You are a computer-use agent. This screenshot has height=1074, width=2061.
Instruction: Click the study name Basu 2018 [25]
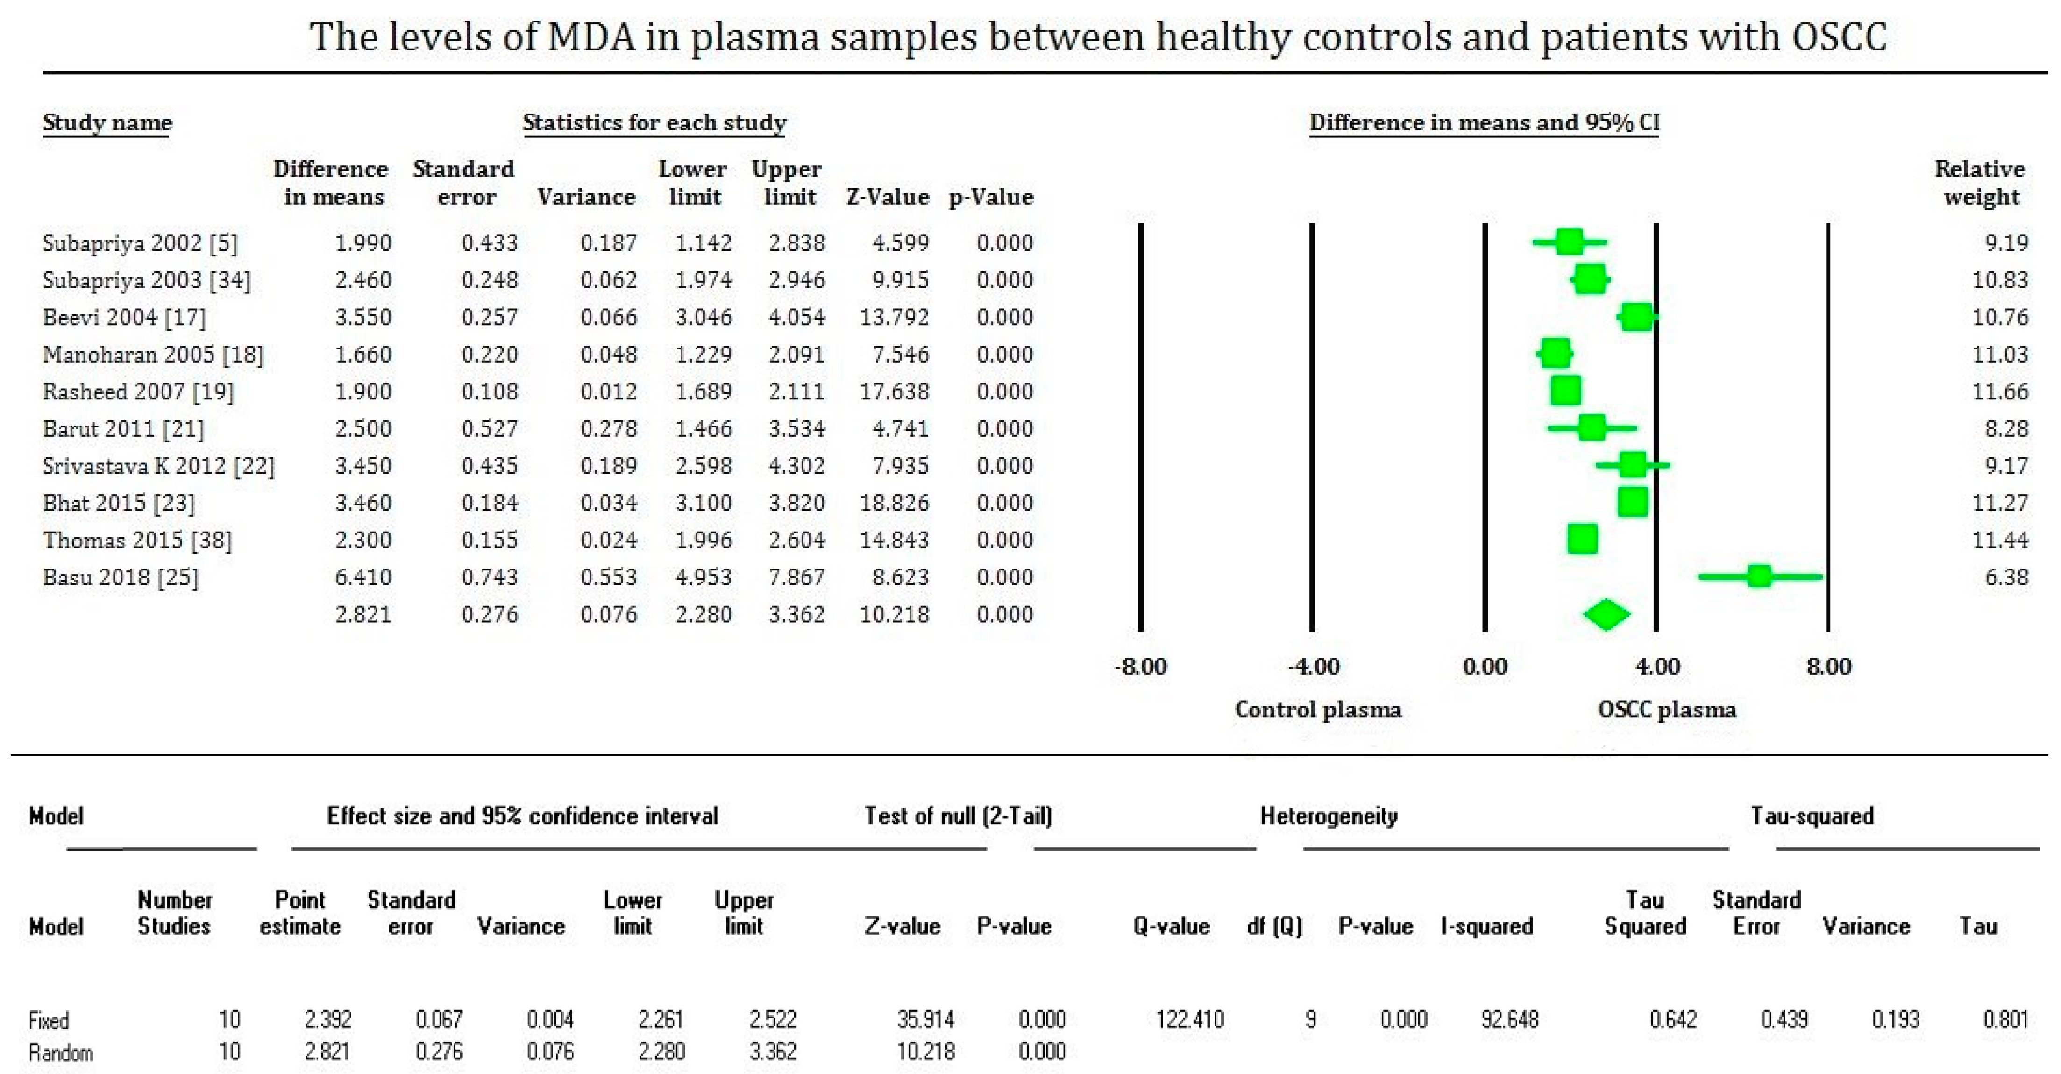click(x=120, y=577)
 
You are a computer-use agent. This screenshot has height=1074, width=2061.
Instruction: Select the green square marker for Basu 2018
click(x=1759, y=576)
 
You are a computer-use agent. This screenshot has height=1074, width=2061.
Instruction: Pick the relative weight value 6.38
click(x=2006, y=577)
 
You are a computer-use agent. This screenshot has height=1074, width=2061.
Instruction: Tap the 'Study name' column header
click(x=107, y=122)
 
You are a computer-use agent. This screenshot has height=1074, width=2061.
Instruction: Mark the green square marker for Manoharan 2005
click(x=1555, y=354)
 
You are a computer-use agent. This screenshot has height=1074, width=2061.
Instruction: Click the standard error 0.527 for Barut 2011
click(x=489, y=428)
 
